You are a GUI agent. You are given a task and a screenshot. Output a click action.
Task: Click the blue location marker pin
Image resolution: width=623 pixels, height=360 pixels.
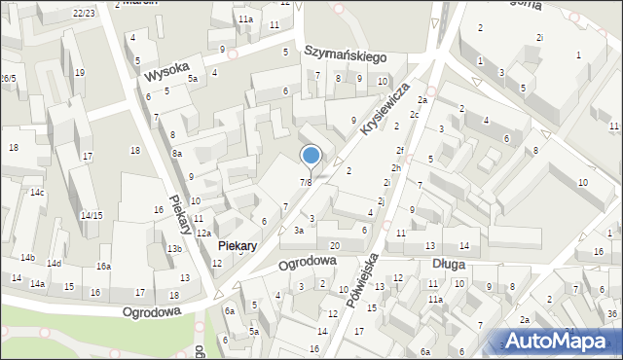(x=311, y=156)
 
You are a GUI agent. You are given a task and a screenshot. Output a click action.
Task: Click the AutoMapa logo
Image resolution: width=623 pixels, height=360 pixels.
(x=565, y=340)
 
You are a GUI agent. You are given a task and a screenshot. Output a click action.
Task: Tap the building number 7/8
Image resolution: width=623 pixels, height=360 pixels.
(x=306, y=182)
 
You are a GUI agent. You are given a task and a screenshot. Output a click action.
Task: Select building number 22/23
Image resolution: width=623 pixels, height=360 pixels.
(x=84, y=13)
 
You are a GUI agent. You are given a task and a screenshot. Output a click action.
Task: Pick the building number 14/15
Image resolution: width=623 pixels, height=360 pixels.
(x=92, y=215)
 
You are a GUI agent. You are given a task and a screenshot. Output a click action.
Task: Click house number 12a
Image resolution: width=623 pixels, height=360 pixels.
(x=203, y=234)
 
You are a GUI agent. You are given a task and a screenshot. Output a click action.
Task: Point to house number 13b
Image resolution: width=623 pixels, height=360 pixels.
(x=173, y=249)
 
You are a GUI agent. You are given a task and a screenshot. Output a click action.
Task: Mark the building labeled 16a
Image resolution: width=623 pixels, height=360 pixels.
(x=103, y=267)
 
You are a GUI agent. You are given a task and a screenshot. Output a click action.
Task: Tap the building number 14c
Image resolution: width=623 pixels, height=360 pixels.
(x=37, y=193)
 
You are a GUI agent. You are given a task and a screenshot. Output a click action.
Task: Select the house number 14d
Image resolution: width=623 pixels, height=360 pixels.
(x=55, y=264)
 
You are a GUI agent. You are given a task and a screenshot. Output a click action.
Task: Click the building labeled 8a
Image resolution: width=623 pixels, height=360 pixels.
(x=177, y=154)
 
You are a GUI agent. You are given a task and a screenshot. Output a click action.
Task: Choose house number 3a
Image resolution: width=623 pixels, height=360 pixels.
(x=300, y=231)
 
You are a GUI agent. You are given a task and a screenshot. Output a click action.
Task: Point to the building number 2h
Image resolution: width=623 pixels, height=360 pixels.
(x=396, y=168)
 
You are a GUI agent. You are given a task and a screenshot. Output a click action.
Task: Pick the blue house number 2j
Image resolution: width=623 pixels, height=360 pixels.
(x=383, y=201)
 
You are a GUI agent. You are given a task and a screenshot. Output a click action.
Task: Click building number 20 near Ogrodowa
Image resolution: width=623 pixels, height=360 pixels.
(x=335, y=245)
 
